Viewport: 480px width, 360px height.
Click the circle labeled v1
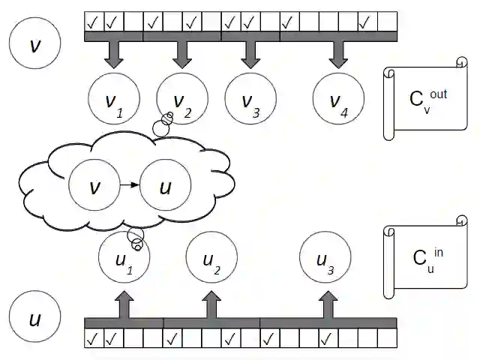click(113, 100)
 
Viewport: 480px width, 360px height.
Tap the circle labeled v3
click(250, 100)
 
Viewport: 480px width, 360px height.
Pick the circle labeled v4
click(338, 100)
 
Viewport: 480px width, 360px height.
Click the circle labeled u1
click(124, 259)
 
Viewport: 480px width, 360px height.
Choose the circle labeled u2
click(211, 259)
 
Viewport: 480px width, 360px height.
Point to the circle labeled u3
click(325, 259)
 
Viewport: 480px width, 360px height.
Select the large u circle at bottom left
click(34, 319)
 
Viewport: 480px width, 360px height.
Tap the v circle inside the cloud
click(94, 185)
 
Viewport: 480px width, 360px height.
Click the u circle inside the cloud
click(166, 185)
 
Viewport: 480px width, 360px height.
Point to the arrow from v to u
click(130, 185)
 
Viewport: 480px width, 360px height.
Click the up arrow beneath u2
click(211, 304)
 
